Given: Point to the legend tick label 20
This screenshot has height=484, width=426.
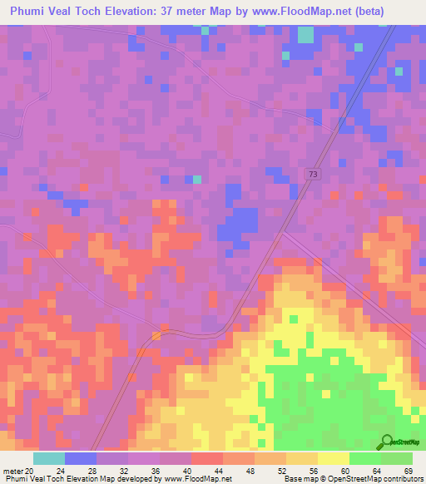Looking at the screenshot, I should point(30,469).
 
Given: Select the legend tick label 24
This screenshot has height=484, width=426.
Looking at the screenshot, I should point(64,469).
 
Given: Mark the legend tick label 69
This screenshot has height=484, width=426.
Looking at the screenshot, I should point(408,469).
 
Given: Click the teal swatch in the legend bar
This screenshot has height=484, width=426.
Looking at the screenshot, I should point(48,458).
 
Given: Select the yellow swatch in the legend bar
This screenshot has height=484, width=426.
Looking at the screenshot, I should point(333,458).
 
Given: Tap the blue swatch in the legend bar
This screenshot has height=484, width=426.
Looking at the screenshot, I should point(80,458).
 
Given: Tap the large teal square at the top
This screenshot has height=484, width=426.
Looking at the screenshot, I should point(305,34).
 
